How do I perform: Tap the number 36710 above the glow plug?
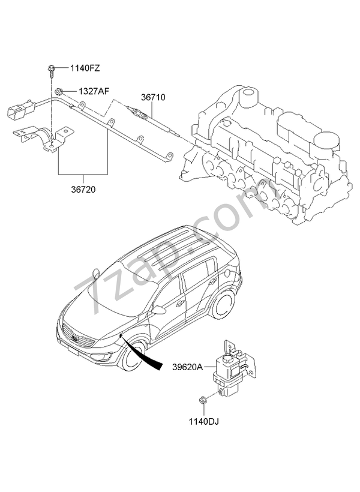pos(153,97)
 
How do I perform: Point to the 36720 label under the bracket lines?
pos(83,188)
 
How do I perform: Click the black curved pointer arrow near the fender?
pos(147,356)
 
